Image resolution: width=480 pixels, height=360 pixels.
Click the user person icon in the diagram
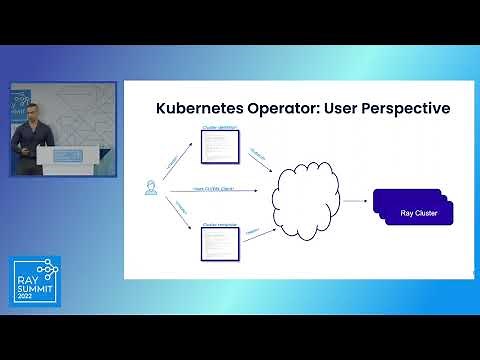[151, 188]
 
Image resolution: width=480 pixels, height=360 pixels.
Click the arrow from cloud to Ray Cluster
[355, 200]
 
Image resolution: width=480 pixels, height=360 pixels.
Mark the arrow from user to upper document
[175, 162]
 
